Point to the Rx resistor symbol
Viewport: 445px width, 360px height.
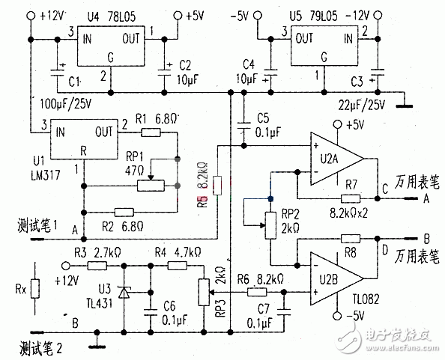34,289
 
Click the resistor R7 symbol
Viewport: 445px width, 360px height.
351,198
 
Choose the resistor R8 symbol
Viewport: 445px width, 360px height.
351,238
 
